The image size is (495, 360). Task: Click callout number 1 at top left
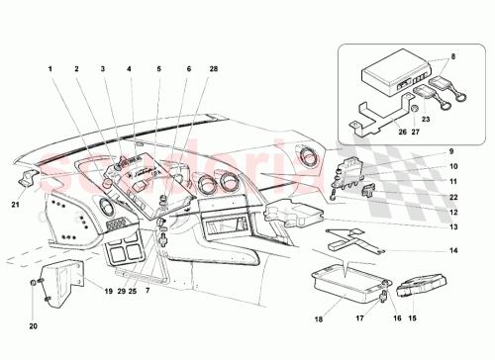[x=47, y=69]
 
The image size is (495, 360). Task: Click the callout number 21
[x=14, y=205]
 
